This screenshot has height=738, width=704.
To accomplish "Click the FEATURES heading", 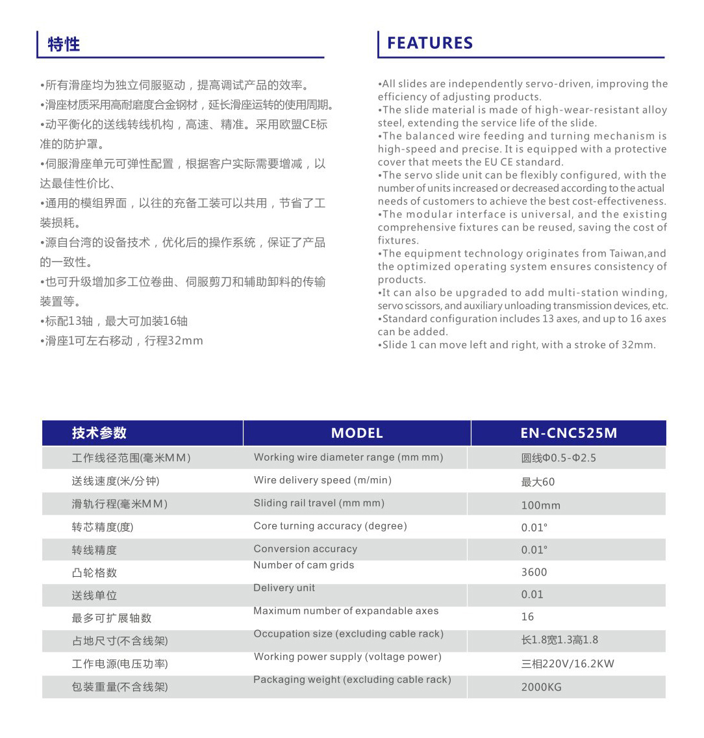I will (430, 44).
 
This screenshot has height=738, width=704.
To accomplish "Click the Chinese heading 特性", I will (64, 44).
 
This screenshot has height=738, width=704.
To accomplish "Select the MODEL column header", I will (357, 433).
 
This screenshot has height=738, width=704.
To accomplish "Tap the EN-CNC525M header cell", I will (568, 433).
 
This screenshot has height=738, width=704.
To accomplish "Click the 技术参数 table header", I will (99, 433).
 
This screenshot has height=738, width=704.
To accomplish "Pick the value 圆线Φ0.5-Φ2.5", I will (558, 458).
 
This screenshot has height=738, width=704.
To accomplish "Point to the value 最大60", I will (538, 482).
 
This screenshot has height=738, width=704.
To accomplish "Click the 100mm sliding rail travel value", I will (540, 505).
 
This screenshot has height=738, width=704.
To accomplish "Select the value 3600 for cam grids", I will (534, 572).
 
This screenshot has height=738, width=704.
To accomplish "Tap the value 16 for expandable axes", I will (527, 617).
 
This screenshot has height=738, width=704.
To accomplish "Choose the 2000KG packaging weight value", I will (541, 687).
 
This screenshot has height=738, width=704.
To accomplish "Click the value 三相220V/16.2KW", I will (567, 664).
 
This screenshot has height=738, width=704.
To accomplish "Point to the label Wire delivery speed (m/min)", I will (322, 480).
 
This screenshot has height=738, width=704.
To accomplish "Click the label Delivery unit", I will (284, 588).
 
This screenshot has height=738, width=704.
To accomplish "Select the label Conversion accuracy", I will (305, 549).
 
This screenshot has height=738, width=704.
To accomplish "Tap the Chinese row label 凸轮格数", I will (94, 573).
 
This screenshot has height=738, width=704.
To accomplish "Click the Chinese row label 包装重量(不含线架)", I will (119, 687).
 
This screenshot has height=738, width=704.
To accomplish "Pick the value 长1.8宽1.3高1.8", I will (559, 640).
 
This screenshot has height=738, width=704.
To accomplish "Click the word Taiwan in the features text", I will (627, 253).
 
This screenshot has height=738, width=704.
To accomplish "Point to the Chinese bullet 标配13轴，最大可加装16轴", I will (116, 321).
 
